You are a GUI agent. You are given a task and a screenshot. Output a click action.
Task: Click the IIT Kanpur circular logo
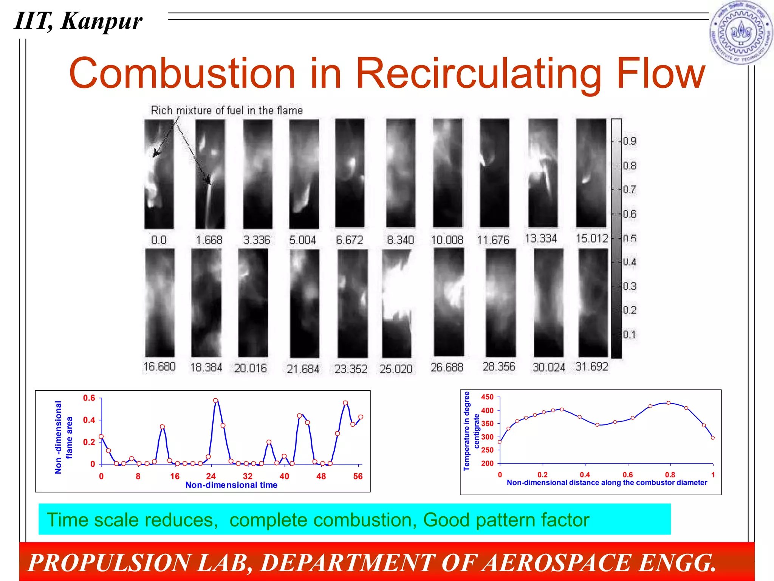coord(741,32)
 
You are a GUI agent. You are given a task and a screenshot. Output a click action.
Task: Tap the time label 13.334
coord(541,239)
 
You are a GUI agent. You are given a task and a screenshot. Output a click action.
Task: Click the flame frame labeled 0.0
coord(159,174)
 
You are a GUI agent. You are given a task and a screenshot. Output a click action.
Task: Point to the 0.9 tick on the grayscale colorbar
coord(630,141)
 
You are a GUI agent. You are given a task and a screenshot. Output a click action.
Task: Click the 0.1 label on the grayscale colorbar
coord(630,335)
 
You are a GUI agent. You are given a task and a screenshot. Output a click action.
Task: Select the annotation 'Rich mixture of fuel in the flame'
coord(227,110)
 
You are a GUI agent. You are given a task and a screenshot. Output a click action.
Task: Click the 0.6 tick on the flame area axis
coord(89,398)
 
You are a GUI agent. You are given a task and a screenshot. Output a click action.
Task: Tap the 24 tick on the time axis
coord(211,476)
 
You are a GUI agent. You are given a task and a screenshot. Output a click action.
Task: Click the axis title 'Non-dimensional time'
coord(231,485)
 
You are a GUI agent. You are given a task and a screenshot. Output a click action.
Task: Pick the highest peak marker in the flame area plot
coord(215,401)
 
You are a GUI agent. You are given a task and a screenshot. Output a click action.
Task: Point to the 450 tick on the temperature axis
coord(487,397)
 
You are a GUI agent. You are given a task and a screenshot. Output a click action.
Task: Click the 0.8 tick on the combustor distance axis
coord(670,475)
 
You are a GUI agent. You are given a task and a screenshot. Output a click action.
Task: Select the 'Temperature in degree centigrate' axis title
coord(471,431)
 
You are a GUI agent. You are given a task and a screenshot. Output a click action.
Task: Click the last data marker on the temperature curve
coord(713,438)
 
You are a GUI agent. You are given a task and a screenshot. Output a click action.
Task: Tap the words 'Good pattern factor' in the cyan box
coord(506,520)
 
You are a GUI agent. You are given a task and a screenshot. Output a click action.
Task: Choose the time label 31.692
coord(592,367)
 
